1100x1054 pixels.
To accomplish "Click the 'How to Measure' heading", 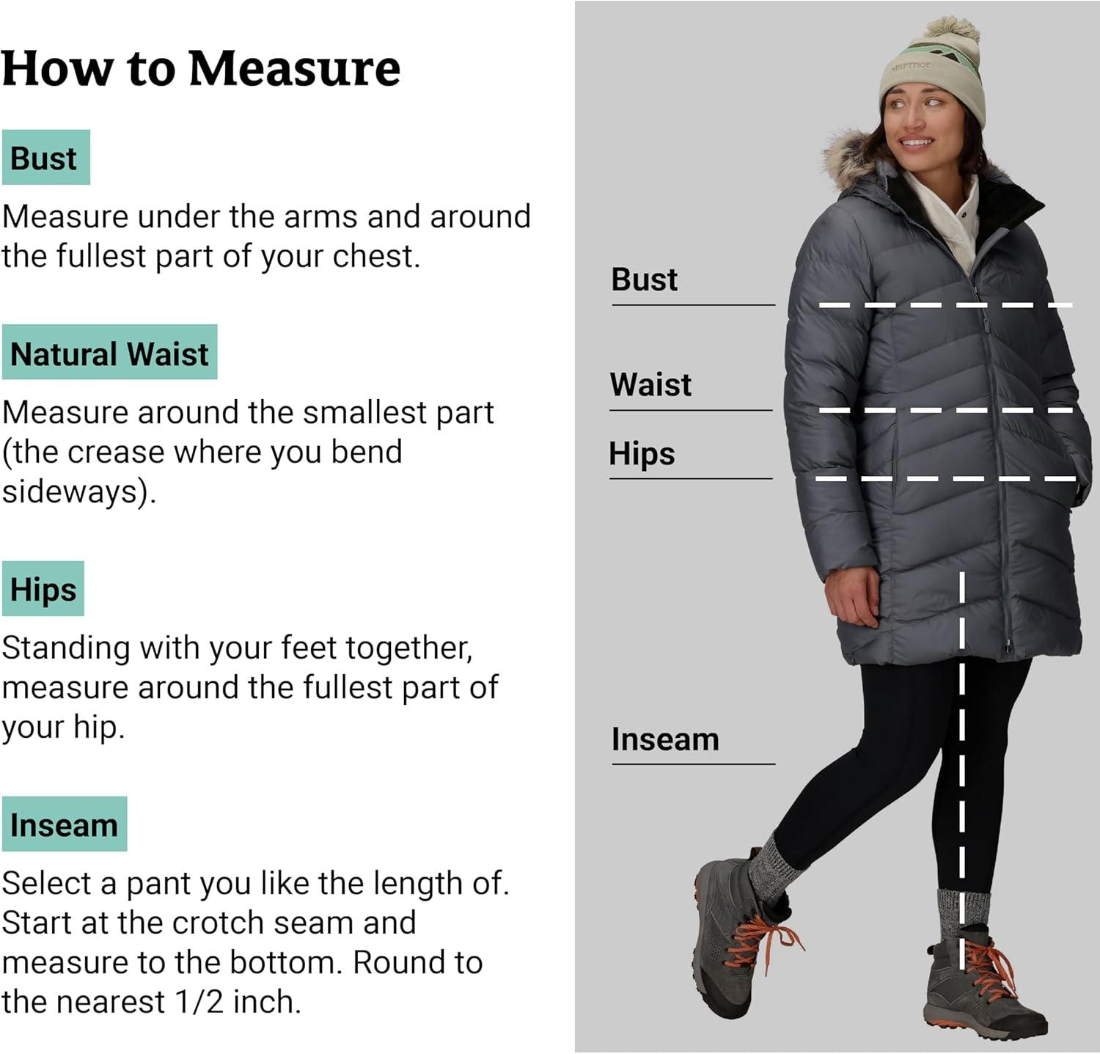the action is pos(201,68).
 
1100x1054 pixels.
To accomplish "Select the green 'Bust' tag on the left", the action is pos(45,158).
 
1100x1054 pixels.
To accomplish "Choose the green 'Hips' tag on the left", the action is pos(43,589).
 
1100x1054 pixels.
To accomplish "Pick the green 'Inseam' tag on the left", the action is pos(65,824).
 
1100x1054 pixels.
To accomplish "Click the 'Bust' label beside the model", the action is pos(645,279).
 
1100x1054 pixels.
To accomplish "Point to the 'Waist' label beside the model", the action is pos(650,384).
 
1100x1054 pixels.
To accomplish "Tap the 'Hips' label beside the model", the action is pos(642,454).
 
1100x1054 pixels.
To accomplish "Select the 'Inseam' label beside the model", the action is pos(665,739).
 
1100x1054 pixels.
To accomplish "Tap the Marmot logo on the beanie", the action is pos(910,67).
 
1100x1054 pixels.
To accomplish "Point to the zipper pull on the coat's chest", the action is pos(985,324).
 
